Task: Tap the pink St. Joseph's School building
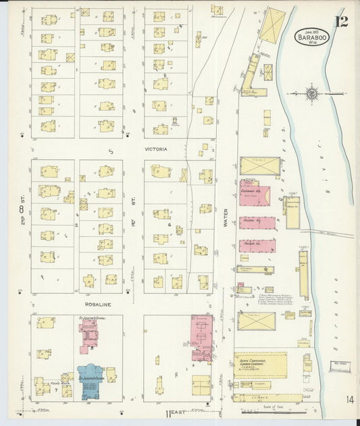(88, 336)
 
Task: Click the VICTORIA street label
(155, 149)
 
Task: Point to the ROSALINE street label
(99, 304)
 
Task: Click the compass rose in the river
(312, 94)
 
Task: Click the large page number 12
(341, 22)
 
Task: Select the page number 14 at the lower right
(349, 400)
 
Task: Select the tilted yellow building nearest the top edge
(273, 25)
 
